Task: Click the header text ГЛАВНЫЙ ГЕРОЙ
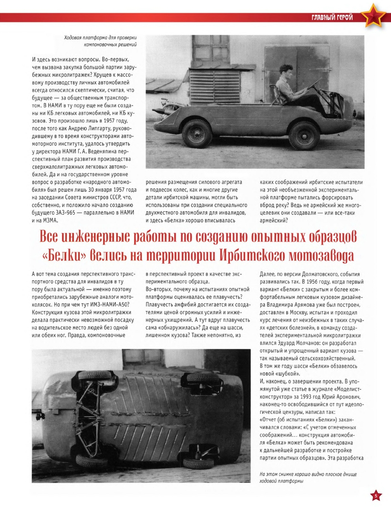click(x=332, y=18)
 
